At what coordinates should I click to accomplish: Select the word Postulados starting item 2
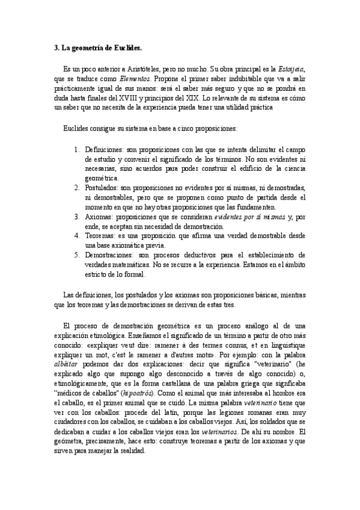[101, 188]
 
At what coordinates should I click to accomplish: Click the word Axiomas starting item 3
[99, 217]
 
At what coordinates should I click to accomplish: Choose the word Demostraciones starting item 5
[110, 254]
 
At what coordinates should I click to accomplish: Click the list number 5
[76, 254]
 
